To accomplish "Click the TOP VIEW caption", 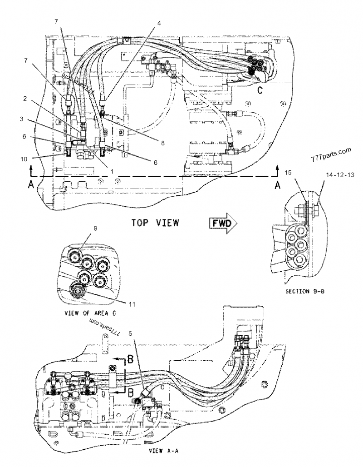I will coord(155,223).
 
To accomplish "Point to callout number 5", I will coord(131,333).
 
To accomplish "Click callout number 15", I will coord(289,173).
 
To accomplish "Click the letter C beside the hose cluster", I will coord(260,89).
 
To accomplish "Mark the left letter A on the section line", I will coord(31,185).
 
